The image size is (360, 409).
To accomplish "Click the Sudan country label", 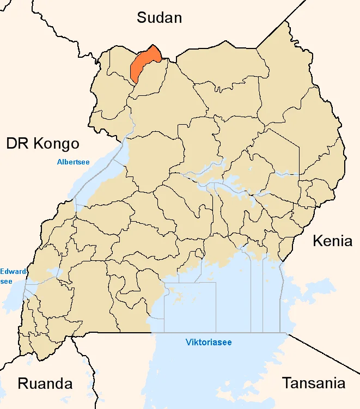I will pyautogui.click(x=159, y=17).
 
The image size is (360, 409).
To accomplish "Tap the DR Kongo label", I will pyautogui.click(x=43, y=144).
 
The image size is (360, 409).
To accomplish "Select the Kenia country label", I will pyautogui.click(x=332, y=241).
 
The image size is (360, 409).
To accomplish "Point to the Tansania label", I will pyautogui.click(x=313, y=383).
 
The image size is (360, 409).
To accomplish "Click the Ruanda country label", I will pyautogui.click(x=45, y=383).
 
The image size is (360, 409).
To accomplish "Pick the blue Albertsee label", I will pyautogui.click(x=74, y=162).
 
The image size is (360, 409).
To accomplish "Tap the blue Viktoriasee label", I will pyautogui.click(x=209, y=343).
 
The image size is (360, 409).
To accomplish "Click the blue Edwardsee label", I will pyautogui.click(x=11, y=276).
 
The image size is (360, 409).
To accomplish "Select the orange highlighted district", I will pyautogui.click(x=144, y=64).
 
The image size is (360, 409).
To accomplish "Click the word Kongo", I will pyautogui.click(x=57, y=144).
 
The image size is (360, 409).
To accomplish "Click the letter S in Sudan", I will pyautogui.click(x=142, y=17).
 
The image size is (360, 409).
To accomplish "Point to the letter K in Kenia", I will pyautogui.click(x=317, y=241).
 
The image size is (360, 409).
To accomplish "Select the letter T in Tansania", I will pyautogui.click(x=286, y=383).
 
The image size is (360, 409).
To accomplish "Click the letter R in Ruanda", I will pyautogui.click(x=23, y=383).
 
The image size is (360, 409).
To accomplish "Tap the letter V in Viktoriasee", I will pyautogui.click(x=188, y=343).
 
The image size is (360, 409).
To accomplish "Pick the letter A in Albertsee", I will pyautogui.click(x=59, y=162).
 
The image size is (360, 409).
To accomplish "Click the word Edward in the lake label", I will pyautogui.click(x=11, y=271).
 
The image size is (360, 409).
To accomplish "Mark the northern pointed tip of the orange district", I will pyautogui.click(x=154, y=45).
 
